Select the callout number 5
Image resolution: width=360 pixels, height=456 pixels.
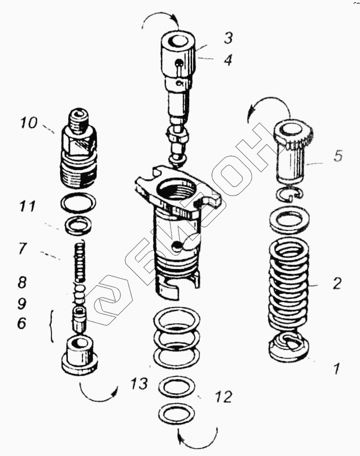point(338,155)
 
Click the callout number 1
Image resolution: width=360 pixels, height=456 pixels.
point(336,369)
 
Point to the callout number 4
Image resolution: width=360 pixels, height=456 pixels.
point(228,60)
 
